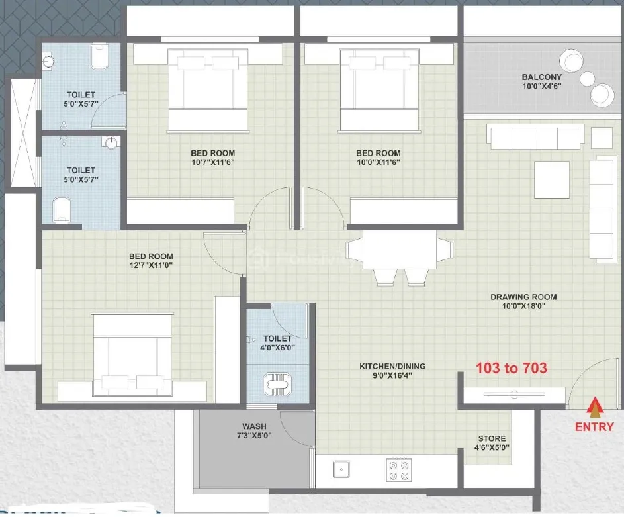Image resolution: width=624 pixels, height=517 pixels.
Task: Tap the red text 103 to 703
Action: point(512,368)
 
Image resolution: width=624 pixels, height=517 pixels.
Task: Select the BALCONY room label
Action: point(542,77)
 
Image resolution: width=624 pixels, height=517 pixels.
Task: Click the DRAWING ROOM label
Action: point(523,297)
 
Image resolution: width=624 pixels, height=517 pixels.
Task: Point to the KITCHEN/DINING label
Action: point(392,366)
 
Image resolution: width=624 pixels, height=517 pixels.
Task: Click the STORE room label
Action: point(492,438)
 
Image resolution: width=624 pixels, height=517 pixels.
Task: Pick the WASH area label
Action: point(254,426)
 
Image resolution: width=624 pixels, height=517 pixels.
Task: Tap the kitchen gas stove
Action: point(399,470)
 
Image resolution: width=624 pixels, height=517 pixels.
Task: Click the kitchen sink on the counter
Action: point(341,469)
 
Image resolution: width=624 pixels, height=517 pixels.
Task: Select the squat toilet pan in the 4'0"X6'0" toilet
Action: point(276,384)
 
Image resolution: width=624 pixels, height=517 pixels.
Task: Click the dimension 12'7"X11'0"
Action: point(151,265)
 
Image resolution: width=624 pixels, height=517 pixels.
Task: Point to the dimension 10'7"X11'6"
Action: point(212,162)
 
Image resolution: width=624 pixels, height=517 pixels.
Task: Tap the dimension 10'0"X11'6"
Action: point(378,162)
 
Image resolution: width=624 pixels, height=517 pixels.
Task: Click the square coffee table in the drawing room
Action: point(552,179)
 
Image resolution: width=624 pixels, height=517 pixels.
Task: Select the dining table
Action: point(400,250)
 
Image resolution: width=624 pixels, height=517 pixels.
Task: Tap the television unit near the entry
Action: point(514,395)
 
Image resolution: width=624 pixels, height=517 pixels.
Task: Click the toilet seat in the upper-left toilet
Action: point(99,56)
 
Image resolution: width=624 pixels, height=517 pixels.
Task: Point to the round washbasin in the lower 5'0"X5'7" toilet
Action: point(111,143)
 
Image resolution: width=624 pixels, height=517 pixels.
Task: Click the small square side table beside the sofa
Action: point(602,138)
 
